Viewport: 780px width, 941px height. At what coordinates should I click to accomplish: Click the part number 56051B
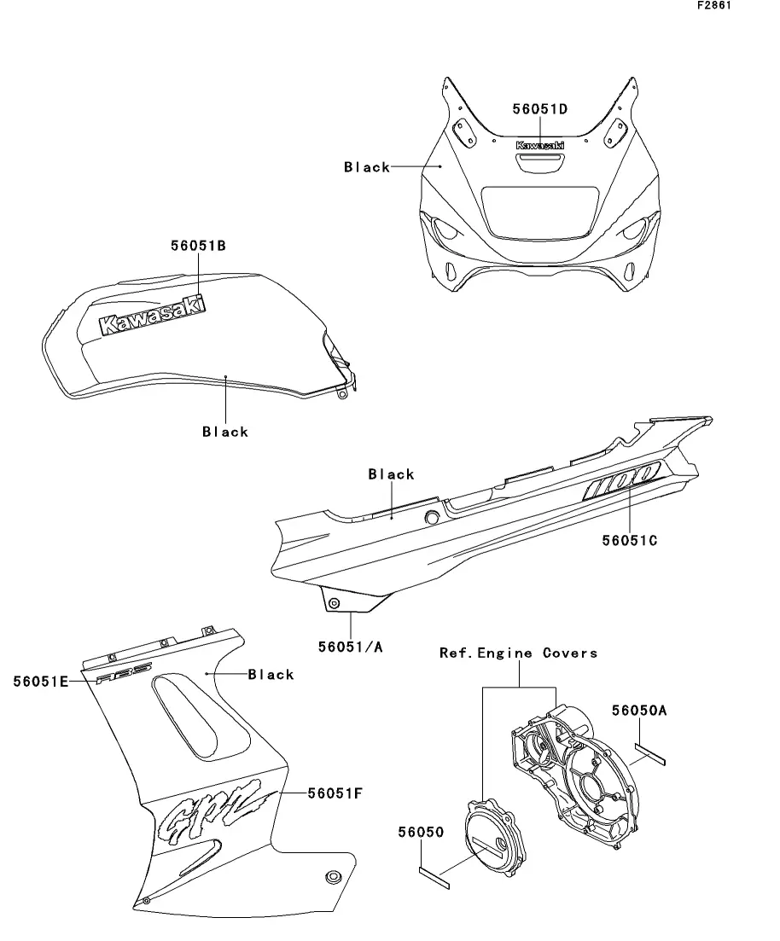tap(197, 246)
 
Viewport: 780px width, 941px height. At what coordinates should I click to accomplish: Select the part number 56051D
tap(540, 108)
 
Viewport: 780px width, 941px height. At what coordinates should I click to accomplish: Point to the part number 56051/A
tap(351, 647)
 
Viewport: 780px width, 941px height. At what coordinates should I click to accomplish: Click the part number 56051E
tap(40, 681)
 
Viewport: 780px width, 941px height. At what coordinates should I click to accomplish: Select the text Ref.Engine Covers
tap(518, 653)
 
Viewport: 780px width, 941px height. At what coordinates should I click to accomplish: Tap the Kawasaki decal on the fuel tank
tap(153, 316)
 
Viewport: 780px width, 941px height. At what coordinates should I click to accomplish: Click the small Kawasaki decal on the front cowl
tap(540, 146)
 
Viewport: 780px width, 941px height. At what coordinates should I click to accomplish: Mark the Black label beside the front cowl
tap(367, 167)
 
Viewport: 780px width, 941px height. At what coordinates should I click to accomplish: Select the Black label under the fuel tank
tap(225, 432)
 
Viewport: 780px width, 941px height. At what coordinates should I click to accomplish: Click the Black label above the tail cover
tap(391, 474)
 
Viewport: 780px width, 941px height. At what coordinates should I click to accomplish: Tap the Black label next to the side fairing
tap(271, 675)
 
